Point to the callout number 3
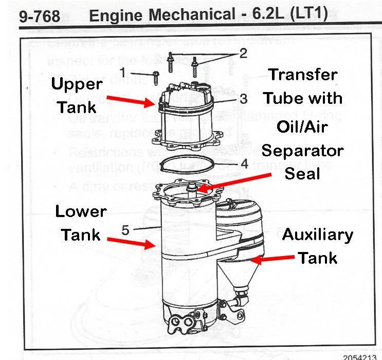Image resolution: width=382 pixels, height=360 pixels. coord(229,98)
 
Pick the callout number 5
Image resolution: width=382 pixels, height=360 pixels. coord(125,230)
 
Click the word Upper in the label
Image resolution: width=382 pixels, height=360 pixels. coord(76,84)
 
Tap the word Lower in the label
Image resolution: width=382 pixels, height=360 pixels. coord(81,211)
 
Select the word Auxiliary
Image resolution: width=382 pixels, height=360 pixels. coord(317,235)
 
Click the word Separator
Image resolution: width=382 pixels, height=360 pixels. coord(302,151)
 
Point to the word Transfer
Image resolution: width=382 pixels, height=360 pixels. coord(303,75)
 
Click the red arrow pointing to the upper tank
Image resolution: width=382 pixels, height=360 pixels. coord(136,100)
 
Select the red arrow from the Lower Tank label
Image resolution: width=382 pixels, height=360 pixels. coord(132,242)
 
